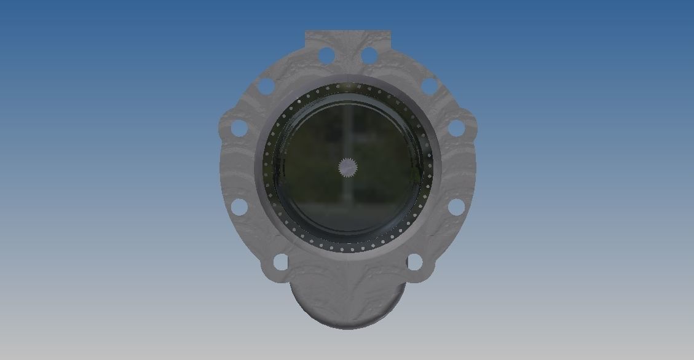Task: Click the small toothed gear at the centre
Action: click(x=348, y=168)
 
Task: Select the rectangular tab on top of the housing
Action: click(x=348, y=38)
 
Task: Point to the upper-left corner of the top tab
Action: click(x=306, y=32)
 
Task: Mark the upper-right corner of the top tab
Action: click(x=390, y=32)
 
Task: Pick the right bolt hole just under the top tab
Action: click(x=369, y=55)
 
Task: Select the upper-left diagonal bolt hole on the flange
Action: click(x=266, y=86)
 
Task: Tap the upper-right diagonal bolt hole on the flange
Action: click(x=429, y=86)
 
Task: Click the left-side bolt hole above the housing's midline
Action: click(x=239, y=128)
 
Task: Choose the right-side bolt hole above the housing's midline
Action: click(x=456, y=128)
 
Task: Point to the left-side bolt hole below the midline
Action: click(x=239, y=207)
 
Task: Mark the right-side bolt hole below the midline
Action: click(x=456, y=207)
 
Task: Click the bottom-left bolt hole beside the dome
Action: click(x=280, y=262)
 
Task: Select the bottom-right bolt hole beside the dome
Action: click(x=415, y=262)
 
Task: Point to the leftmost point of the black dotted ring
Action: click(x=264, y=168)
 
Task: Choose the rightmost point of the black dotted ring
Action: click(x=432, y=168)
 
